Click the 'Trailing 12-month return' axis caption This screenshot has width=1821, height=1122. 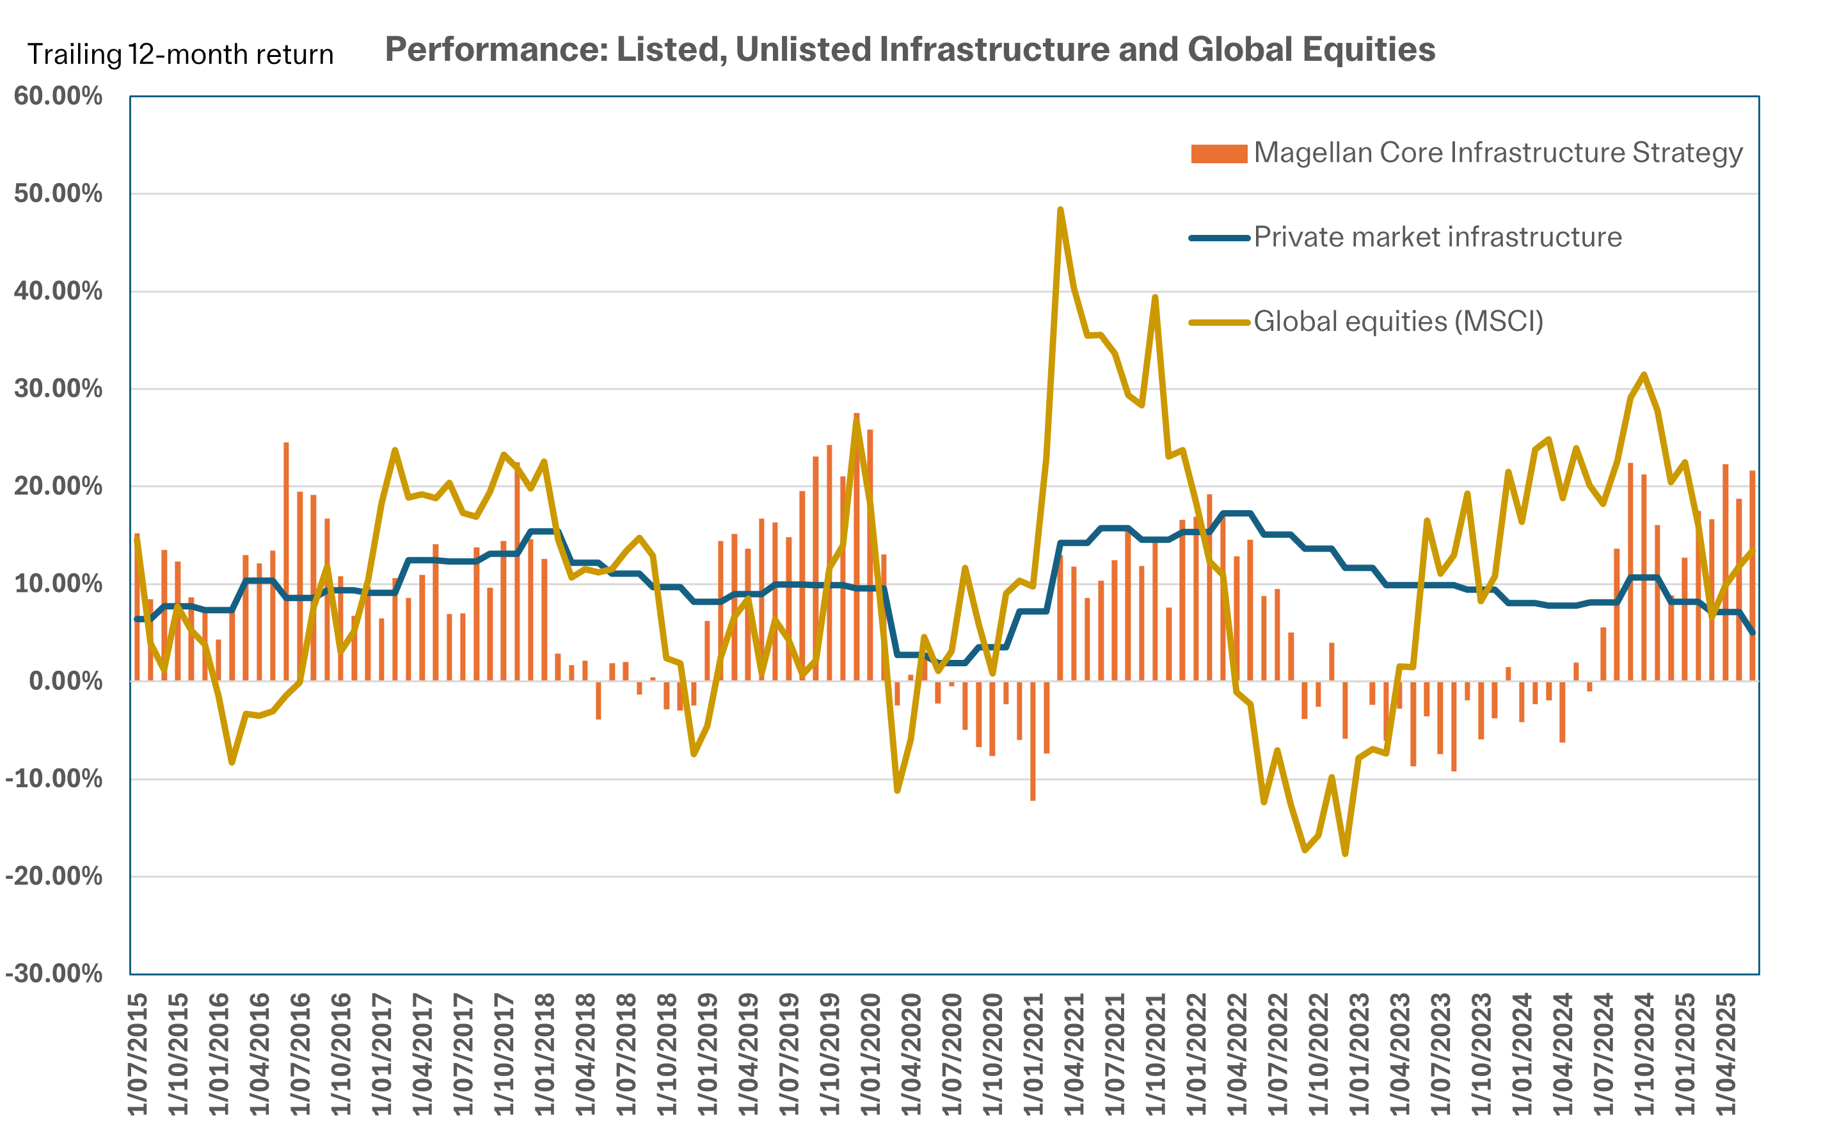pyautogui.click(x=180, y=55)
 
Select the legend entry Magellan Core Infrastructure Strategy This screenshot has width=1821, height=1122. pyautogui.click(x=1497, y=153)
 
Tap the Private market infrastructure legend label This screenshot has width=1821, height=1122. pyautogui.click(x=1436, y=237)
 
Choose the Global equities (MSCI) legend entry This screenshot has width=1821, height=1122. pyautogui.click(x=1397, y=322)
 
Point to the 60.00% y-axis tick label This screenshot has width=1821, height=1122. pyautogui.click(x=58, y=97)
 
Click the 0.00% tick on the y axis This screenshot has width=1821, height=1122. pyautogui.click(x=65, y=681)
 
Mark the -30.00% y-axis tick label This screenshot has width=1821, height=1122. pyautogui.click(x=53, y=974)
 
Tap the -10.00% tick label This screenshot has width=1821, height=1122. pyautogui.click(x=53, y=779)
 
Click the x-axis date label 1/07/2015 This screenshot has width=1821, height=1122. pyautogui.click(x=138, y=1054)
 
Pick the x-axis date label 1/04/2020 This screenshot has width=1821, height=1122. pyautogui.click(x=912, y=1054)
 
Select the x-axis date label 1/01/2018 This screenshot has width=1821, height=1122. pyautogui.click(x=545, y=1054)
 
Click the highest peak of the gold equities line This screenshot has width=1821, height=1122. pyautogui.click(x=1060, y=210)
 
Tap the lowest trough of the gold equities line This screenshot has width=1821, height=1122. pyautogui.click(x=1345, y=853)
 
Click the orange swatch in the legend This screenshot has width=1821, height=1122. pyautogui.click(x=1219, y=154)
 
